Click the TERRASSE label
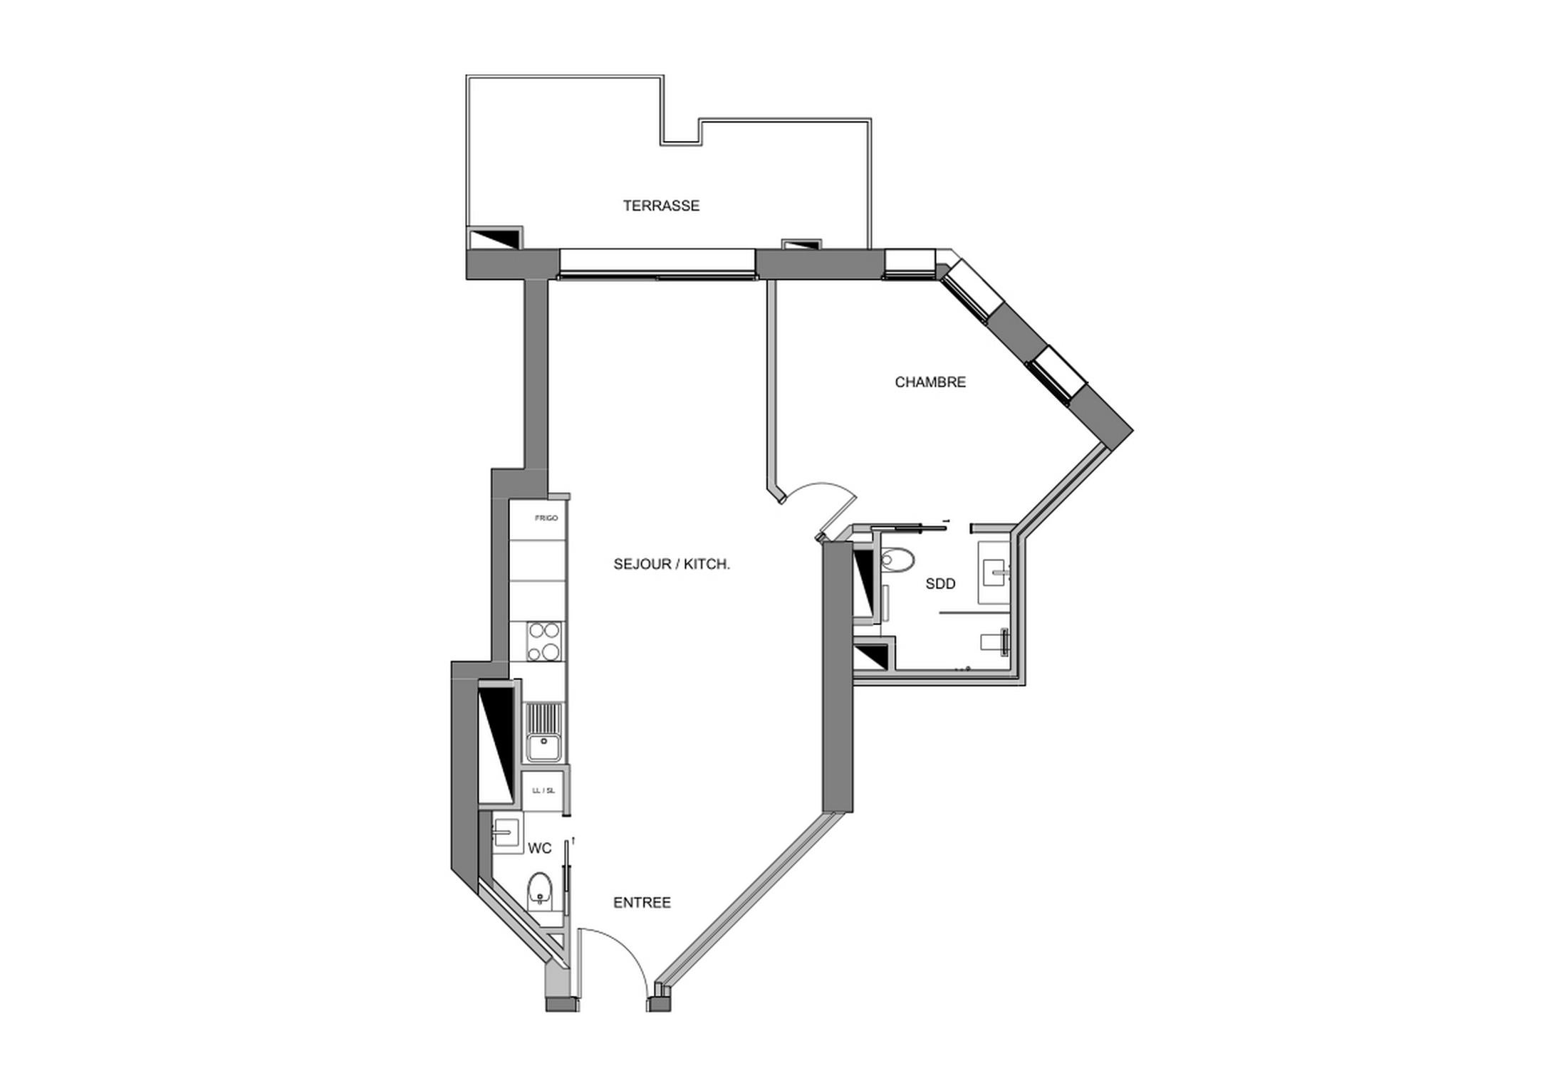click(x=661, y=206)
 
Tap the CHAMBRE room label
click(x=930, y=382)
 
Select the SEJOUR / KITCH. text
click(x=672, y=565)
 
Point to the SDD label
click(x=940, y=584)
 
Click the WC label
click(x=539, y=849)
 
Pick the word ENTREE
click(x=642, y=903)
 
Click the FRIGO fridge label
click(x=546, y=518)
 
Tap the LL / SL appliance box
click(x=543, y=790)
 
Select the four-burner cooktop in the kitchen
click(x=543, y=642)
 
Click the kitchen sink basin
click(x=544, y=748)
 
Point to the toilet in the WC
click(x=539, y=890)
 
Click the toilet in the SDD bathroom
click(x=897, y=560)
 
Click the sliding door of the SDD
click(x=908, y=527)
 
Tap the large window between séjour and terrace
click(x=657, y=263)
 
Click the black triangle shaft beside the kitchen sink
click(x=496, y=740)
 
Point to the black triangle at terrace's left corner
click(x=493, y=239)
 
